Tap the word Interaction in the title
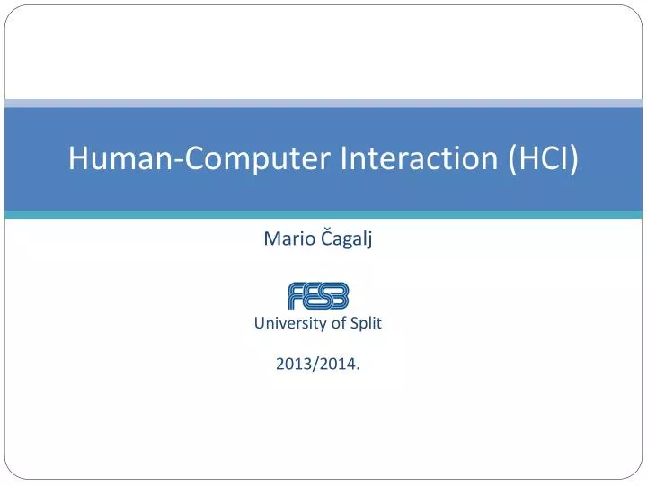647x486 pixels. pos(420,159)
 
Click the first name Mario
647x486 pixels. pos(282,238)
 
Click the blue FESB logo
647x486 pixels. pos(318,295)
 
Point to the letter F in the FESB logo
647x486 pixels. pos(296,295)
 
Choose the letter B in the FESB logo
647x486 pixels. pos(340,295)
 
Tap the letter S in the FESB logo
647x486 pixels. pos(324,295)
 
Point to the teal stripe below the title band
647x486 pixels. pos(323,215)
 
